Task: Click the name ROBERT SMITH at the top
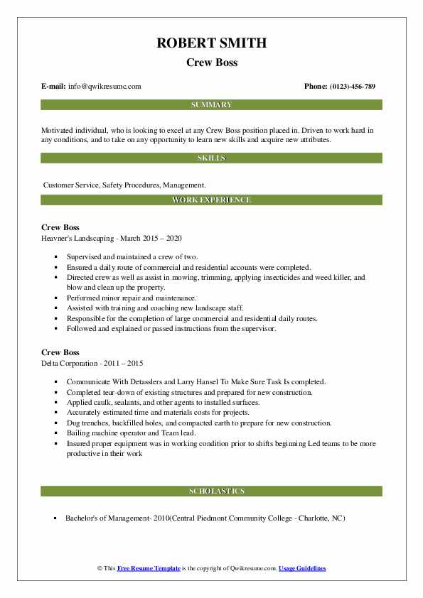pos(211,43)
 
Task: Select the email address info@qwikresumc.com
pos(105,87)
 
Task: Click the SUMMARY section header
pos(211,105)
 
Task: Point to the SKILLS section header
pos(211,158)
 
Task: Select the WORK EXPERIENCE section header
pos(211,200)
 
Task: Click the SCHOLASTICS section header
pos(211,491)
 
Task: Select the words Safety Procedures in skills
pos(130,185)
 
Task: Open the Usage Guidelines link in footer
pos(302,569)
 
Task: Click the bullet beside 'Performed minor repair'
pos(55,298)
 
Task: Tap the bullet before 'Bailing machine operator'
pos(55,433)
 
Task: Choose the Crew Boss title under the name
pos(211,62)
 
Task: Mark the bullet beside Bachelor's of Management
pos(55,518)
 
